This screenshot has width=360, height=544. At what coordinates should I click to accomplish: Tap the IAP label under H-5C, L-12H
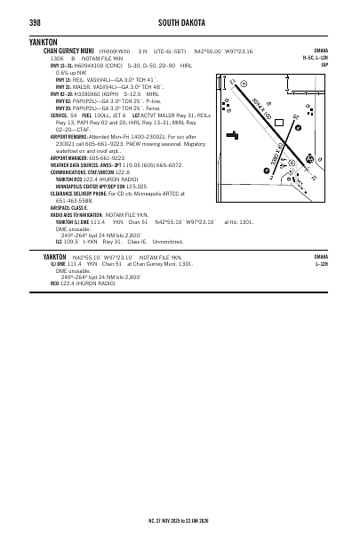point(325,65)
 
